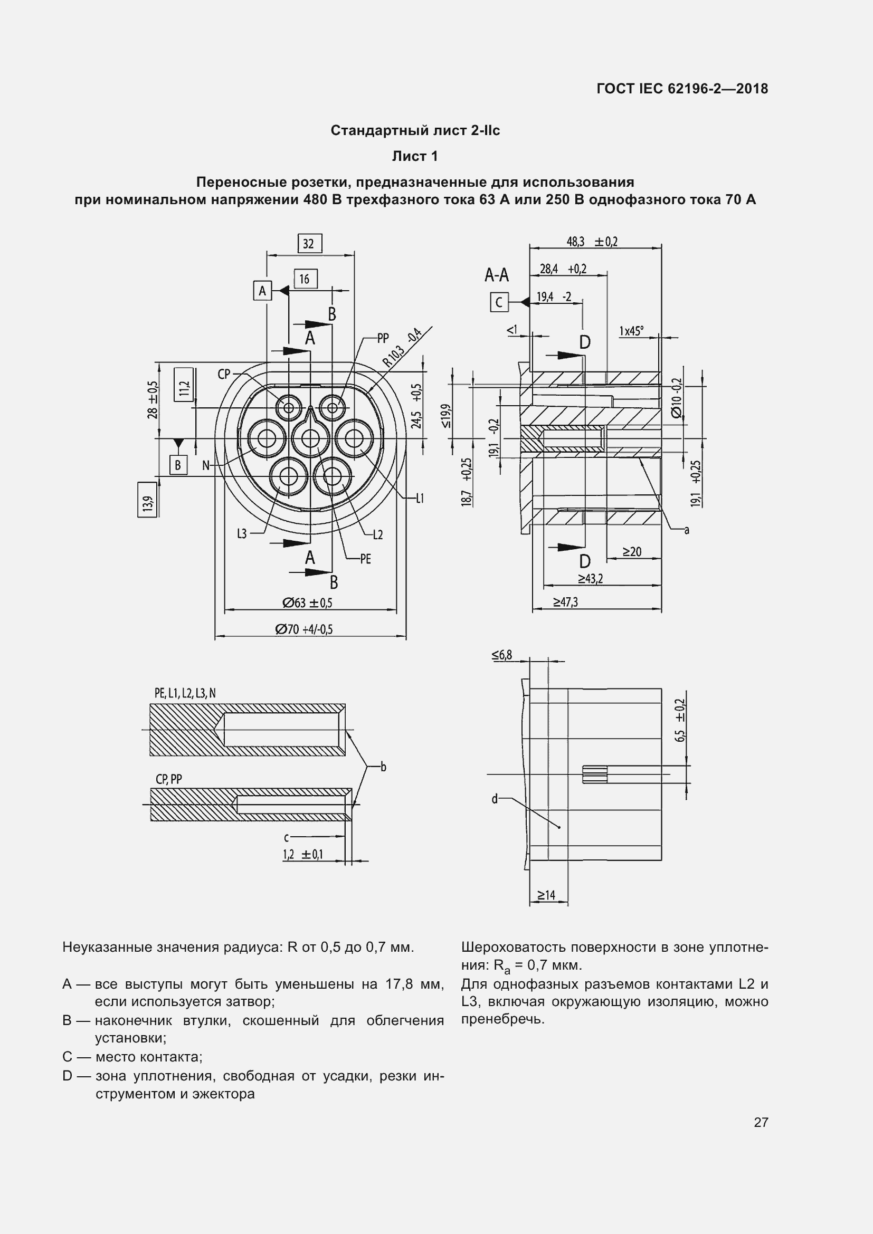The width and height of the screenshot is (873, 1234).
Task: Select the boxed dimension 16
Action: [305, 279]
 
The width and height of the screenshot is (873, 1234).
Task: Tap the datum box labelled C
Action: [499, 302]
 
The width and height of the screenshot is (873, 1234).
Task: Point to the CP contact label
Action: [224, 374]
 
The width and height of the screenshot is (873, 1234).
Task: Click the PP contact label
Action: [383, 338]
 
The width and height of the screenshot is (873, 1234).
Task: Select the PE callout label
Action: [366, 559]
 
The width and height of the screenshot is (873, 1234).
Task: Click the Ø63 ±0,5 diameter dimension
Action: [308, 602]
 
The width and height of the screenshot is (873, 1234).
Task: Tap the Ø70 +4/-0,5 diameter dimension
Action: [303, 629]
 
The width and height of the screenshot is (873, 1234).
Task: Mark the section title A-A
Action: [496, 275]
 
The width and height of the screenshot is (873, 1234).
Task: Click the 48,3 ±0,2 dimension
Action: [592, 241]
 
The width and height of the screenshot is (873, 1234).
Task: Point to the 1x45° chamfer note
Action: [631, 331]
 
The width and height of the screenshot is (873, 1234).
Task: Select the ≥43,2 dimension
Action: [590, 578]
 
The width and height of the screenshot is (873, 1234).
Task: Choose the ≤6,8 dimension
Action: [501, 655]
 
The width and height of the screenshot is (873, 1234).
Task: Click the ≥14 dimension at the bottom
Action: [546, 895]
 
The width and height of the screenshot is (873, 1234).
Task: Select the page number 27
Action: [761, 1122]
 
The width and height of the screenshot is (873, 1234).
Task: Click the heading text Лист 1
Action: [414, 156]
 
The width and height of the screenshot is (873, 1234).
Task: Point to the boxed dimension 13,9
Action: [147, 499]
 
